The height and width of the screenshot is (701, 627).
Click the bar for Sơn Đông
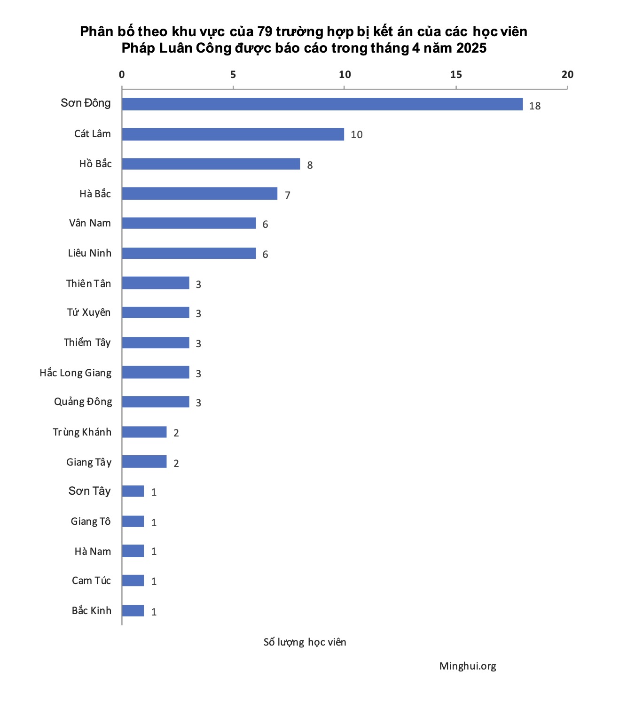coord(322,104)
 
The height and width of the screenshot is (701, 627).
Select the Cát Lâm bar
coord(233,134)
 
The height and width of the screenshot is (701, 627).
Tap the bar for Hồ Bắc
coord(211,164)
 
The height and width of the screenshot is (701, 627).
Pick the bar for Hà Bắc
coord(199,194)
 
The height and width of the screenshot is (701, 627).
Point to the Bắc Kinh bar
coord(133,611)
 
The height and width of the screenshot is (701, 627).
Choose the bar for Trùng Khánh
coord(144,432)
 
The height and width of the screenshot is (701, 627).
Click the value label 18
coord(534,106)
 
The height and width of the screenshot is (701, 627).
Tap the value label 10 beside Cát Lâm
coord(356,135)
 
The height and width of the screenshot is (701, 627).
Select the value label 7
coord(287,195)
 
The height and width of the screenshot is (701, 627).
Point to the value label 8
coord(310,165)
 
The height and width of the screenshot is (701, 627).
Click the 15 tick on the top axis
coord(456,75)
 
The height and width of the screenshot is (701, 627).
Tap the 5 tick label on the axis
coord(233,75)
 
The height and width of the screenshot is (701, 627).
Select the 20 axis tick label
coord(567,75)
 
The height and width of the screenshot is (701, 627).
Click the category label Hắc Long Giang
coord(76,373)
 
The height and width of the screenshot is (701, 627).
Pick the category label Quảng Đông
coord(83,402)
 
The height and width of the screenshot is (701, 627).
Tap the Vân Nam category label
coord(90,223)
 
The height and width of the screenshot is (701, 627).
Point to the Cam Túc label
coord(91,581)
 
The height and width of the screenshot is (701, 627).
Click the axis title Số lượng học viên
coord(305,642)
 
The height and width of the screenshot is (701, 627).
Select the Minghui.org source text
coord(468,666)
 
